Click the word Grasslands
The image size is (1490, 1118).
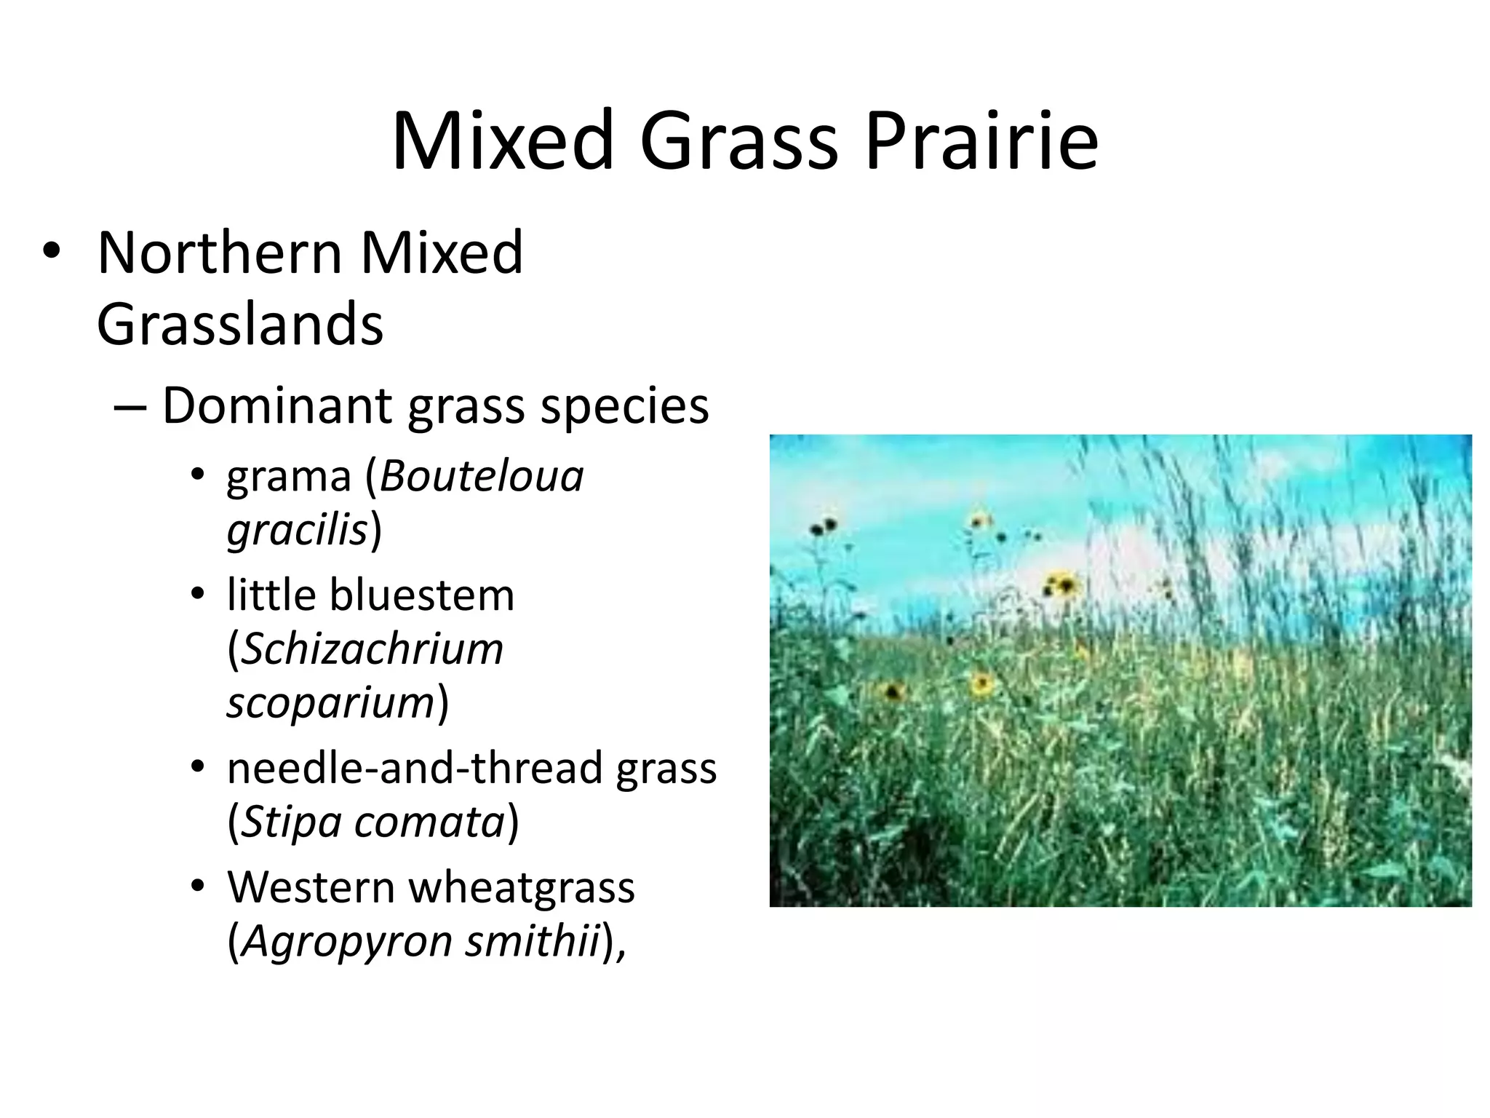coord(239,325)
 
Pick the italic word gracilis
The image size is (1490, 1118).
coord(297,530)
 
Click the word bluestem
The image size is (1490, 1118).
coord(421,595)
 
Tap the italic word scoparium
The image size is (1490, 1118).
coord(330,702)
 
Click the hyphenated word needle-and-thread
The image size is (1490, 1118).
coord(415,768)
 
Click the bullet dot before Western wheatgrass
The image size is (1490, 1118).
coord(198,887)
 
